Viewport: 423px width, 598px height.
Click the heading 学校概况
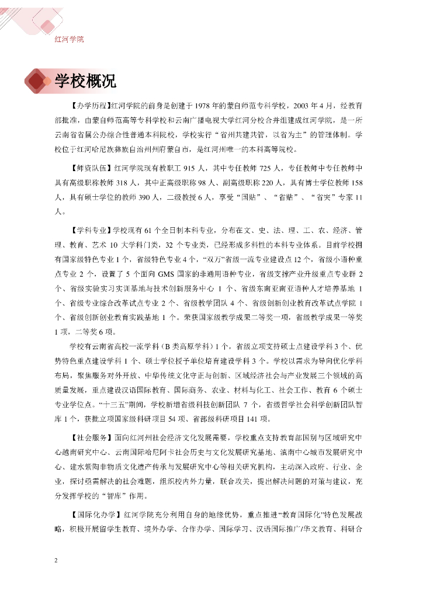pos(85,81)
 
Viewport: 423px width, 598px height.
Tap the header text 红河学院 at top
pos(69,39)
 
